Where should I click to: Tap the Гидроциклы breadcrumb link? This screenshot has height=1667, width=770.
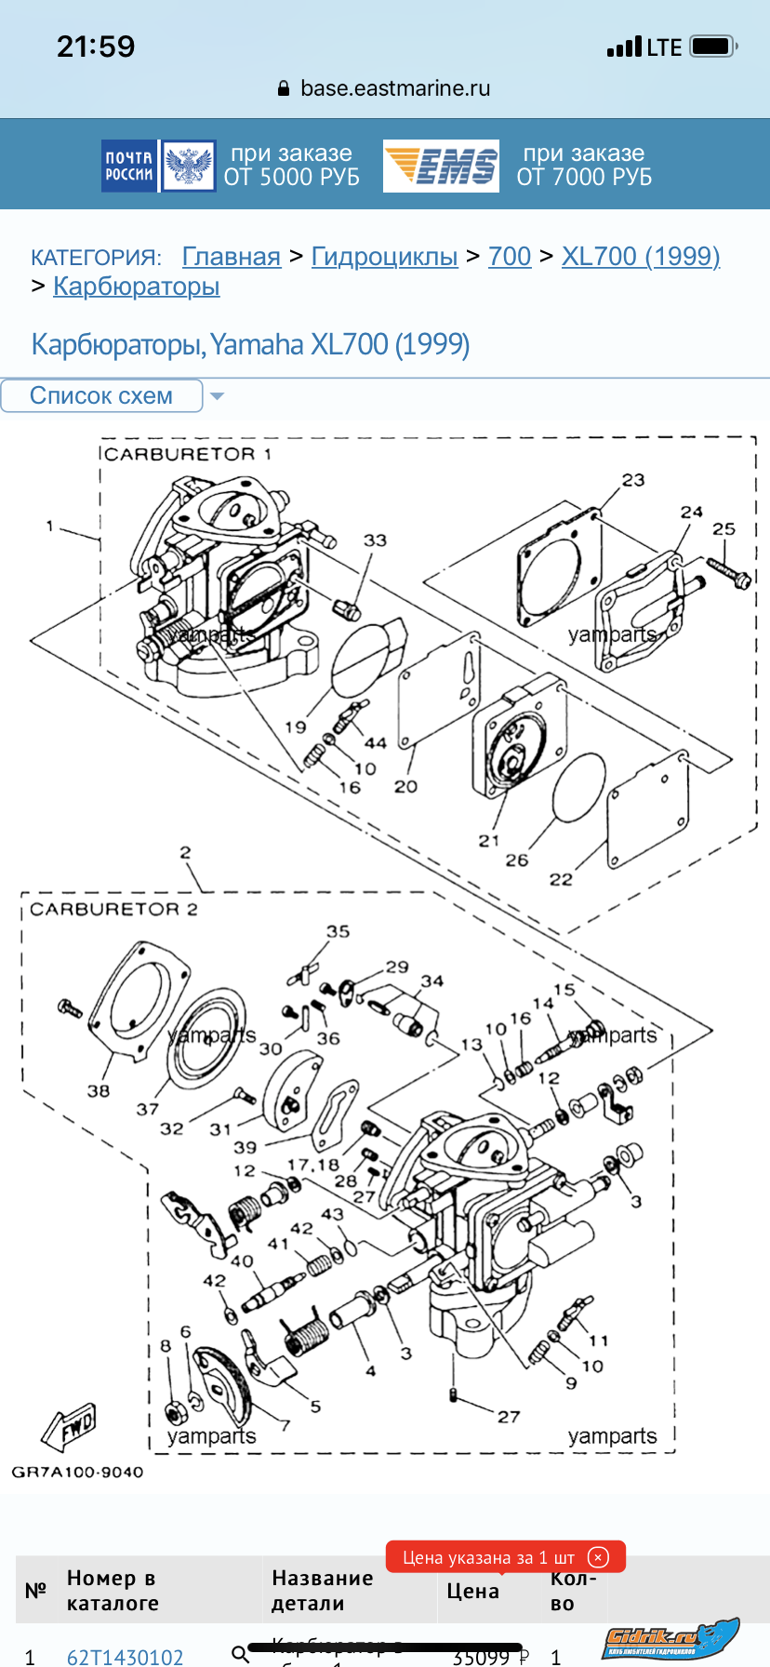click(x=384, y=257)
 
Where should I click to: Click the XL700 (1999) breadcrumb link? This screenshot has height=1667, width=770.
click(x=640, y=257)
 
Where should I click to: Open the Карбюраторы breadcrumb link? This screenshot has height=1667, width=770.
click(x=136, y=287)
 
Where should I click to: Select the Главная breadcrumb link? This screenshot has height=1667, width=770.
click(x=231, y=257)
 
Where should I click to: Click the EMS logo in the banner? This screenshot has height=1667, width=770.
click(x=441, y=167)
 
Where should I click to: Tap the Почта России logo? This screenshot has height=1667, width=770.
click(x=159, y=167)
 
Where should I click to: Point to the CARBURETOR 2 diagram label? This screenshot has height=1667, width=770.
click(x=113, y=909)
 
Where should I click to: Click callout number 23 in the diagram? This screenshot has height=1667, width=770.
click(x=633, y=480)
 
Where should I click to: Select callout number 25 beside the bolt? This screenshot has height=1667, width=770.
click(x=724, y=528)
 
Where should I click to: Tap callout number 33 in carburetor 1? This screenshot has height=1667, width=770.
click(x=375, y=540)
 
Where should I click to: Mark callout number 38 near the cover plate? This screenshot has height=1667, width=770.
click(x=99, y=1090)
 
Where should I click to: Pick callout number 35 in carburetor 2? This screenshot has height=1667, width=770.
click(x=338, y=931)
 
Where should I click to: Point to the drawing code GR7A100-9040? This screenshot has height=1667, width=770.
click(x=77, y=1472)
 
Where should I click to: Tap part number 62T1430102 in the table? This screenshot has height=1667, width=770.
click(x=125, y=1656)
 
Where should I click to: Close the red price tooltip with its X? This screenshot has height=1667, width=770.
click(x=599, y=1557)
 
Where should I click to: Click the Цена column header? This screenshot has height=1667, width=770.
click(x=472, y=1592)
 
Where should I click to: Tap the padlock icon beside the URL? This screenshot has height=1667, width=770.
click(x=284, y=89)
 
